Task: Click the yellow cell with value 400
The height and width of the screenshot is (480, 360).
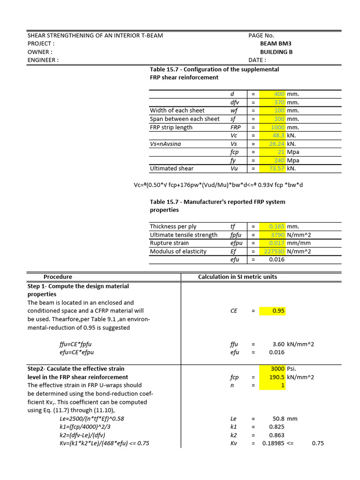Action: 279,94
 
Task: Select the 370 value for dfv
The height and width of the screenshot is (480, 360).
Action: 279,102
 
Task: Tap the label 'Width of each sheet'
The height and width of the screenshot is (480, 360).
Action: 177,111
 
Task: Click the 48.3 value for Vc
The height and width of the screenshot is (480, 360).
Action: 278,135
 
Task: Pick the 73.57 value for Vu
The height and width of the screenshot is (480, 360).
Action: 277,168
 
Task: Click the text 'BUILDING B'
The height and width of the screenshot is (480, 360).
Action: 276,52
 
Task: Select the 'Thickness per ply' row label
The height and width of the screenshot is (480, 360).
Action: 173,226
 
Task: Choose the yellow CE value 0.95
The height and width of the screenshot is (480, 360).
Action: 278,311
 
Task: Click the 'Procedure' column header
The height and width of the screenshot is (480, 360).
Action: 58,277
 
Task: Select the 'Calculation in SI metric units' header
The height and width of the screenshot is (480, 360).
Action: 238,277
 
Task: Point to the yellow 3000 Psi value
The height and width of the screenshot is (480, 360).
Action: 277,368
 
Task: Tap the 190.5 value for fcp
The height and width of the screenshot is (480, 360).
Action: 277,377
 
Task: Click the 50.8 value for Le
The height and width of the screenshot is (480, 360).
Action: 278,419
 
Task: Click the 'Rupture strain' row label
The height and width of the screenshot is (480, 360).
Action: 169,243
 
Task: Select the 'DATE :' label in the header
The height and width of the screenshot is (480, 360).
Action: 257,60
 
